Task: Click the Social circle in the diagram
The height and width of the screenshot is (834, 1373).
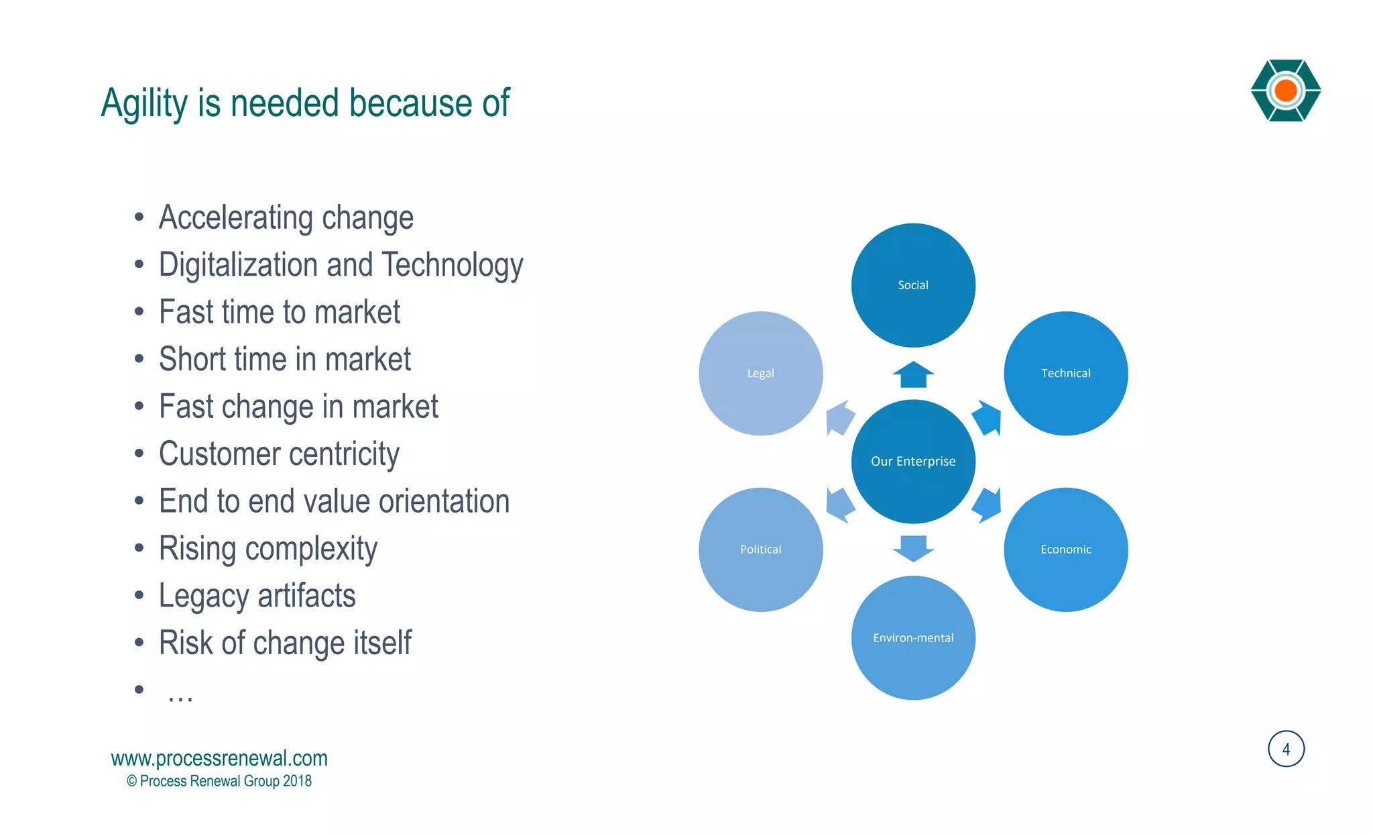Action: click(x=913, y=285)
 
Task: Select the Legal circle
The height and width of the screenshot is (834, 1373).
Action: click(x=760, y=373)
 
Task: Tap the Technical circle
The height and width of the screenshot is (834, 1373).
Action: click(x=1065, y=373)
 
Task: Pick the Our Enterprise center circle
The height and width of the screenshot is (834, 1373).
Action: click(x=913, y=462)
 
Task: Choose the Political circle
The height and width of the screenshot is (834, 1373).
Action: click(x=760, y=550)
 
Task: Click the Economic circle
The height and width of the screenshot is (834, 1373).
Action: click(x=1065, y=550)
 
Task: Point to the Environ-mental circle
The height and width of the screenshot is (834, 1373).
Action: click(x=913, y=637)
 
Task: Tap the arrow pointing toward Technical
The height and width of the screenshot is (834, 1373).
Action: click(x=988, y=418)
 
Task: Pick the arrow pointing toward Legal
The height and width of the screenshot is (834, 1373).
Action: click(x=839, y=418)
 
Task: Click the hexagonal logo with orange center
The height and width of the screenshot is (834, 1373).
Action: click(x=1285, y=91)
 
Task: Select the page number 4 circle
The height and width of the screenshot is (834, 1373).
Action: click(x=1286, y=749)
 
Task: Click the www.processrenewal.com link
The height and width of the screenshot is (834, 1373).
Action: click(x=219, y=758)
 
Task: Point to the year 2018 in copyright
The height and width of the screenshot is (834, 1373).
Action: click(x=297, y=781)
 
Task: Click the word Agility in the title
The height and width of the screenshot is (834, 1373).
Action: click(x=144, y=104)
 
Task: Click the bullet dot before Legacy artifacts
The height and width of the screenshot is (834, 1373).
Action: click(x=139, y=595)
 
